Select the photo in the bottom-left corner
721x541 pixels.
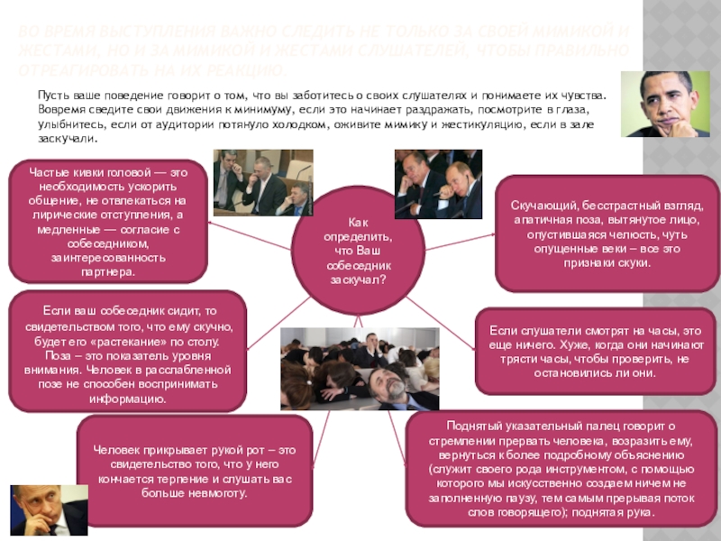(x=48, y=510)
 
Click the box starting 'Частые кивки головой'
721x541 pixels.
(x=107, y=221)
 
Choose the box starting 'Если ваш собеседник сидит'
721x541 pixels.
(x=126, y=353)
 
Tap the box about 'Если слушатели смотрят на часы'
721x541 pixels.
(x=596, y=351)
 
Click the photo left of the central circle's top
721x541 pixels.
(x=262, y=183)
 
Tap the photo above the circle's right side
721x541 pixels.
(x=437, y=183)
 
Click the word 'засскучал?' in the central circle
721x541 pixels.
(x=358, y=280)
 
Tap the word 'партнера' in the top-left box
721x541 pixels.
(x=107, y=271)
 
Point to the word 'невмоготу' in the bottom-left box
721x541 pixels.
(x=218, y=494)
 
